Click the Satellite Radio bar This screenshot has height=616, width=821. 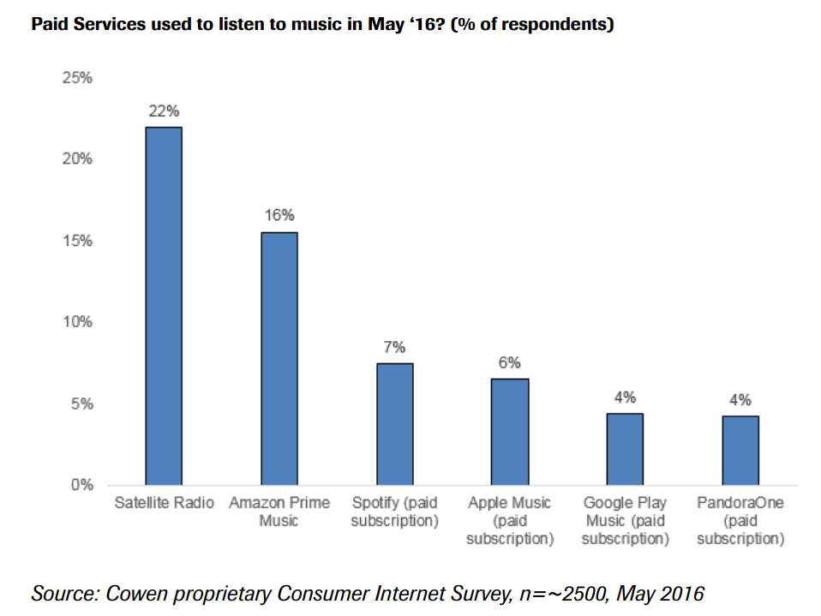163,306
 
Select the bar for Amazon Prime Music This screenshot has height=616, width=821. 279,358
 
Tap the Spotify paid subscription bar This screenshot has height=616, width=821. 394,424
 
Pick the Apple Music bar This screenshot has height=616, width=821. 510,432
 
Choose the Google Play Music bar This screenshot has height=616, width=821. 625,449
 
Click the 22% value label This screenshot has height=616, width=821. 163,111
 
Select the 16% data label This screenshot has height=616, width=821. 279,216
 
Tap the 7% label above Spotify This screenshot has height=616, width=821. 394,347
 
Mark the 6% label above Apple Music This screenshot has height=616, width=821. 510,362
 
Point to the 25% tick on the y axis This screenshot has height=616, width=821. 77,78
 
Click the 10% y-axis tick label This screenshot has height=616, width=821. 77,322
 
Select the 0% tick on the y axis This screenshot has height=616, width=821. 81,485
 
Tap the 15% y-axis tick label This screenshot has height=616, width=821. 77,241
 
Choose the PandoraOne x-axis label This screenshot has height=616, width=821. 740,521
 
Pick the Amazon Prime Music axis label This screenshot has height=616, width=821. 279,511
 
